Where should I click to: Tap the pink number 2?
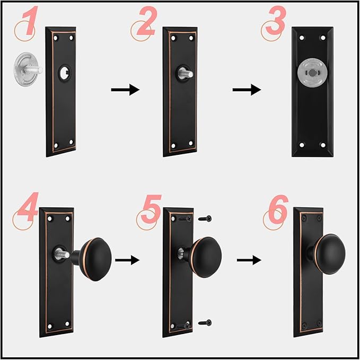coord(147,21)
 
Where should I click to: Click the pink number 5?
coord(151,209)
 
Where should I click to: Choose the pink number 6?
coord(278,209)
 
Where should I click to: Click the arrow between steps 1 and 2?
coord(125,90)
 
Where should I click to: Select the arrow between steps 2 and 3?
coord(247,90)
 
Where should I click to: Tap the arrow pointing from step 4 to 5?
coord(127,260)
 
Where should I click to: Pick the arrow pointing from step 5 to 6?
coord(249,260)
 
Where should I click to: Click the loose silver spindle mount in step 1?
coord(27,69)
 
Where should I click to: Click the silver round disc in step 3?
coord(312,73)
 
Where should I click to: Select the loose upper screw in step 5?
coord(205,219)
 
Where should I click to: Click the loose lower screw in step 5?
coord(205,322)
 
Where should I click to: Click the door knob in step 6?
coord(328,254)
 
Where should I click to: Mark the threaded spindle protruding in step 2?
coord(185,74)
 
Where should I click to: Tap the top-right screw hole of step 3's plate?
coord(323,38)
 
